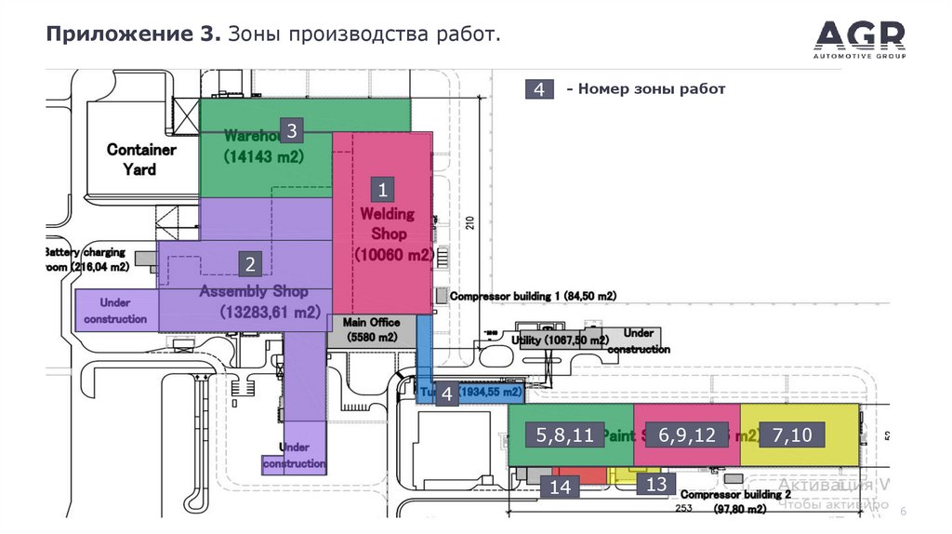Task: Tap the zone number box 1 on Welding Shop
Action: point(381,191)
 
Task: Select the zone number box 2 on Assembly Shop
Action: point(249,264)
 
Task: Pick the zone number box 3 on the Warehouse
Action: point(291,130)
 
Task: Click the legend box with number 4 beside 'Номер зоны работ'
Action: point(539,89)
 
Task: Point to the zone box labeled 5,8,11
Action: point(564,434)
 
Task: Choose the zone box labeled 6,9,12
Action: point(686,434)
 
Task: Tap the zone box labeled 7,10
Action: point(791,434)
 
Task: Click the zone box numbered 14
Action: point(561,487)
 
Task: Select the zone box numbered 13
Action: point(656,484)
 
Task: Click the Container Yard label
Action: point(141,159)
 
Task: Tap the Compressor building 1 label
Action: point(533,296)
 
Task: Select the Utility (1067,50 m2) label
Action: point(560,340)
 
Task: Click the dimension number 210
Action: point(469,223)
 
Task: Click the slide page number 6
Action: point(902,513)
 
